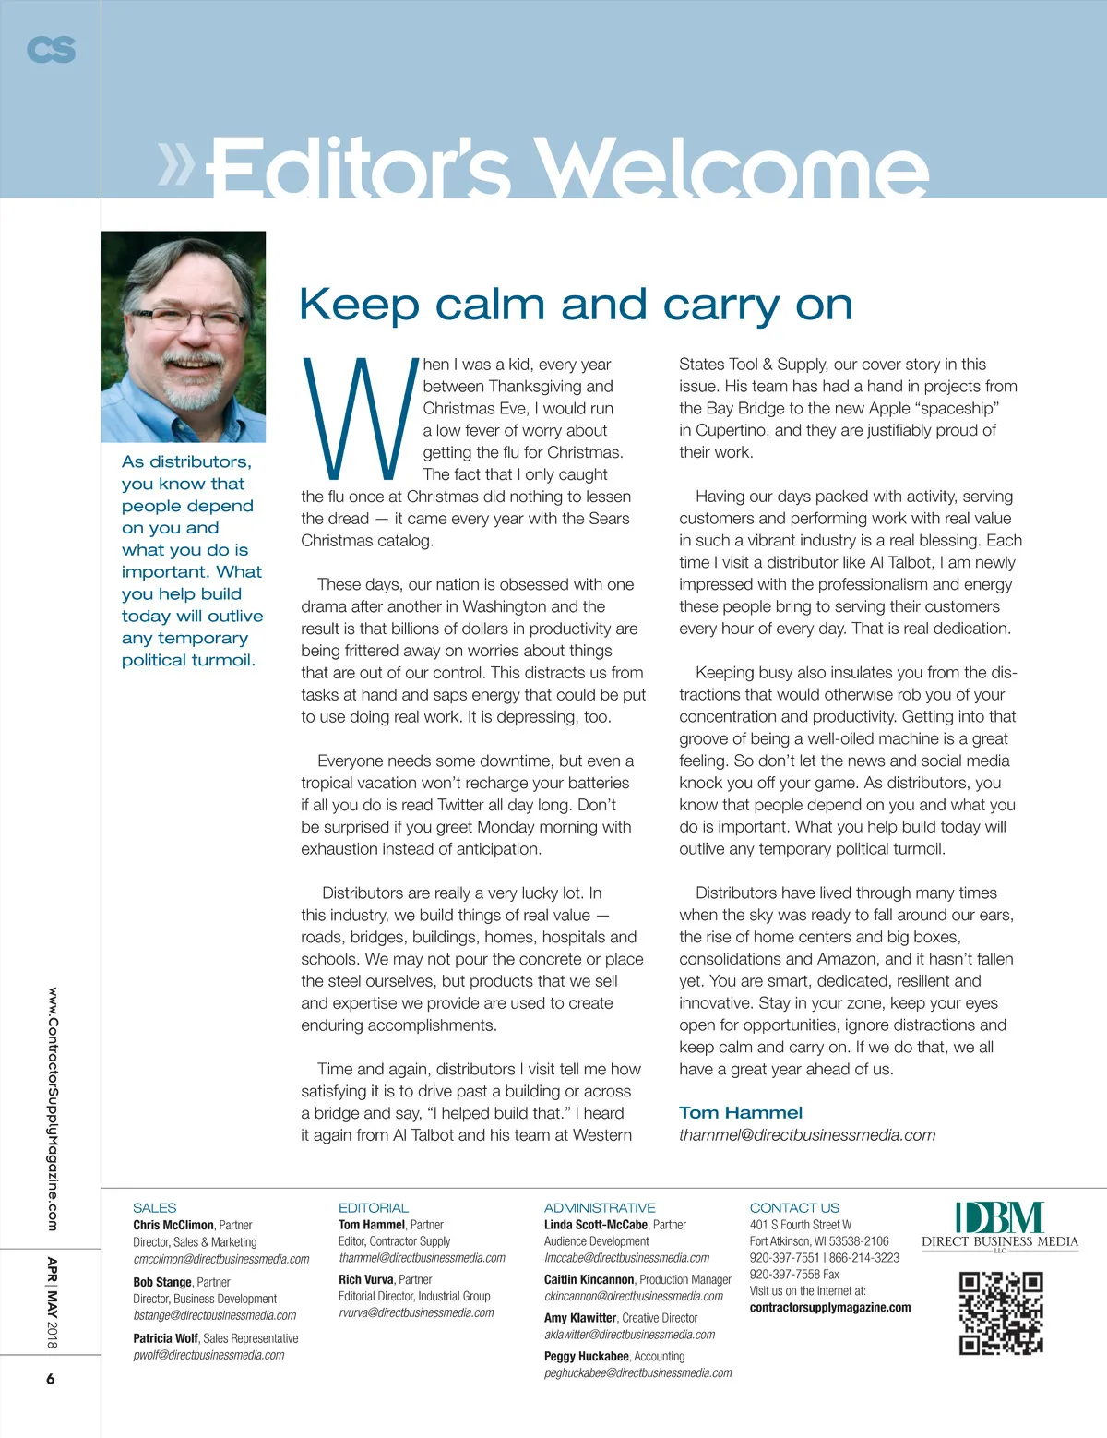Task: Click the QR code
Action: pyautogui.click(x=1001, y=1312)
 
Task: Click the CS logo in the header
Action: pyautogui.click(x=51, y=49)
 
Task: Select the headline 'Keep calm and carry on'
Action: pyautogui.click(x=576, y=305)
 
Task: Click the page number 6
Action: pyautogui.click(x=51, y=1379)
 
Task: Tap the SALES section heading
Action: pyautogui.click(x=154, y=1207)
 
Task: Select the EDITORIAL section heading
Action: pyautogui.click(x=373, y=1207)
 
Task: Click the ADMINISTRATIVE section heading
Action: pyautogui.click(x=600, y=1207)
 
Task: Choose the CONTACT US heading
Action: pyautogui.click(x=794, y=1207)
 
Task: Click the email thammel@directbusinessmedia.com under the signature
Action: pyautogui.click(x=807, y=1135)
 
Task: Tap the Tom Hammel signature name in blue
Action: pyautogui.click(x=741, y=1113)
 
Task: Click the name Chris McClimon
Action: pyautogui.click(x=173, y=1225)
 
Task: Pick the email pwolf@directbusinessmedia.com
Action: pyautogui.click(x=208, y=1355)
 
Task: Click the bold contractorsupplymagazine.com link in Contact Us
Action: pyautogui.click(x=830, y=1307)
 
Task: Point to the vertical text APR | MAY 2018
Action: pyautogui.click(x=52, y=1302)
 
